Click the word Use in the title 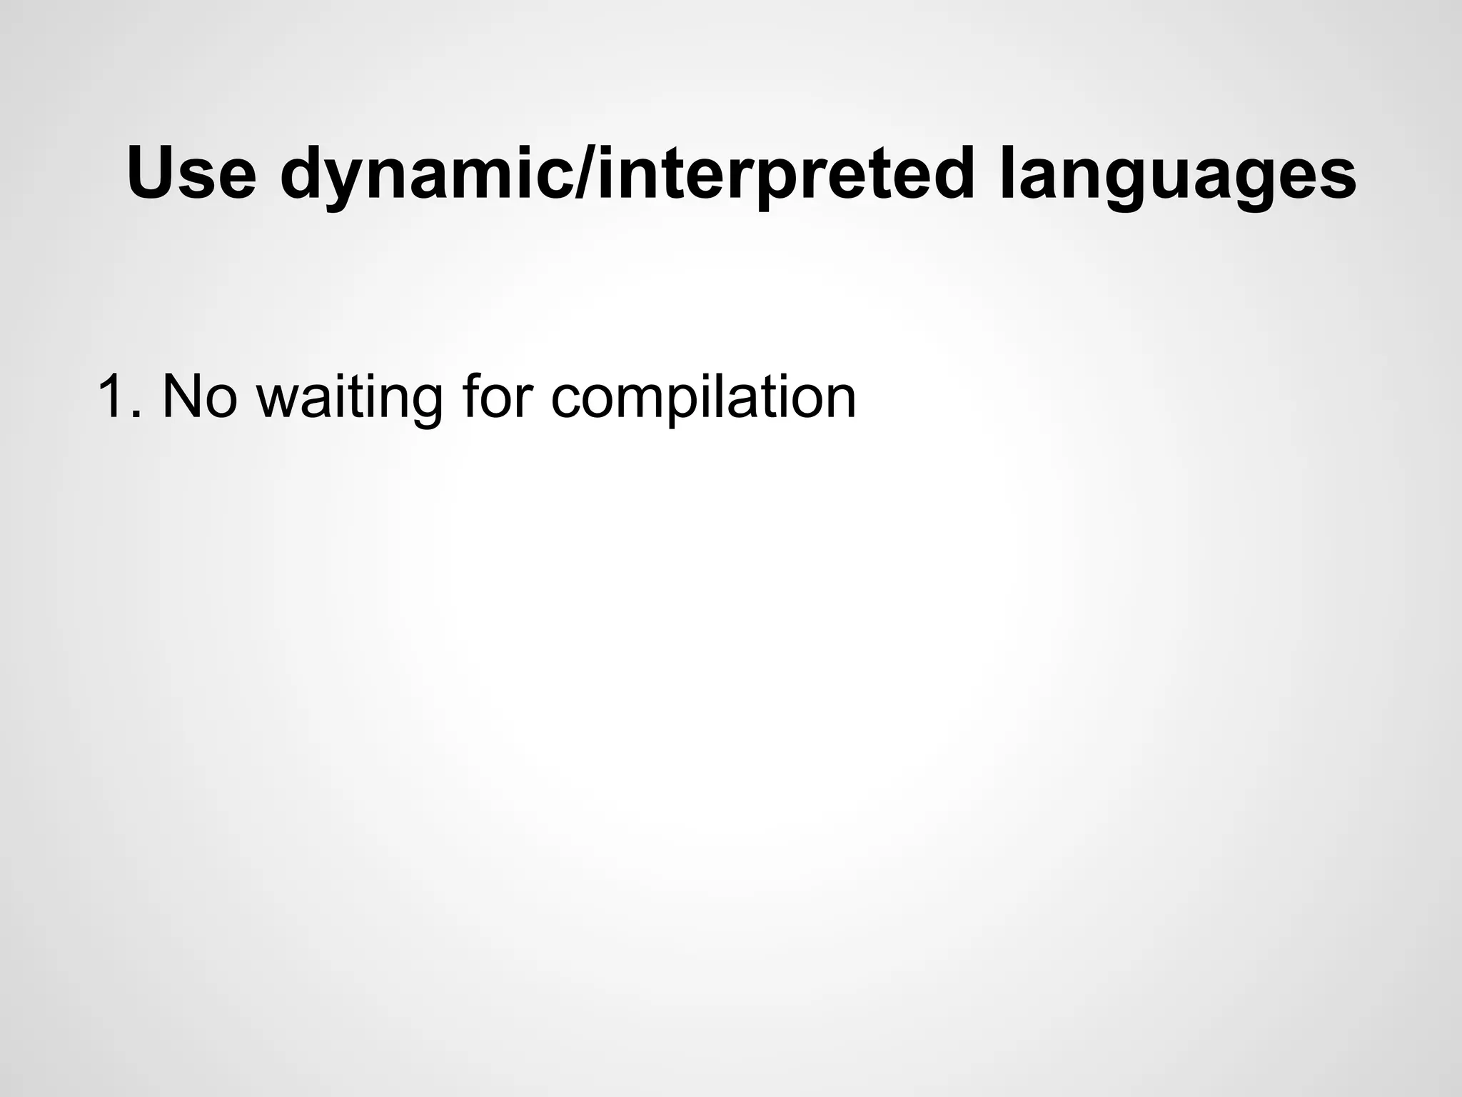click(x=191, y=174)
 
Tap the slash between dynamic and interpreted click(x=584, y=174)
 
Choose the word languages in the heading click(x=1177, y=174)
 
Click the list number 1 click(x=111, y=396)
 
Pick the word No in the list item click(x=199, y=396)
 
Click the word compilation click(x=703, y=398)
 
